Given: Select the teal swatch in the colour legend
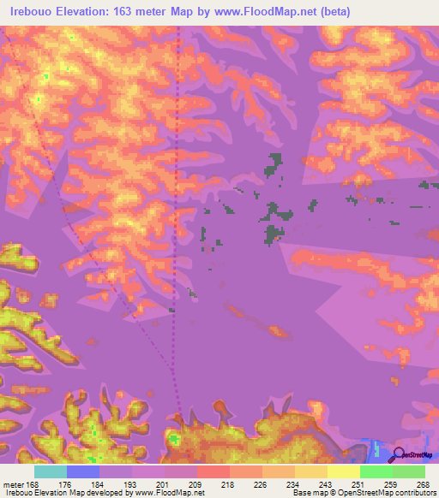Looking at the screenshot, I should [x=50, y=471].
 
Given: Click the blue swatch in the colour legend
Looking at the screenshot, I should [x=82, y=471].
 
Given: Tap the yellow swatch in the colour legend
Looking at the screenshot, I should [x=343, y=471].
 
